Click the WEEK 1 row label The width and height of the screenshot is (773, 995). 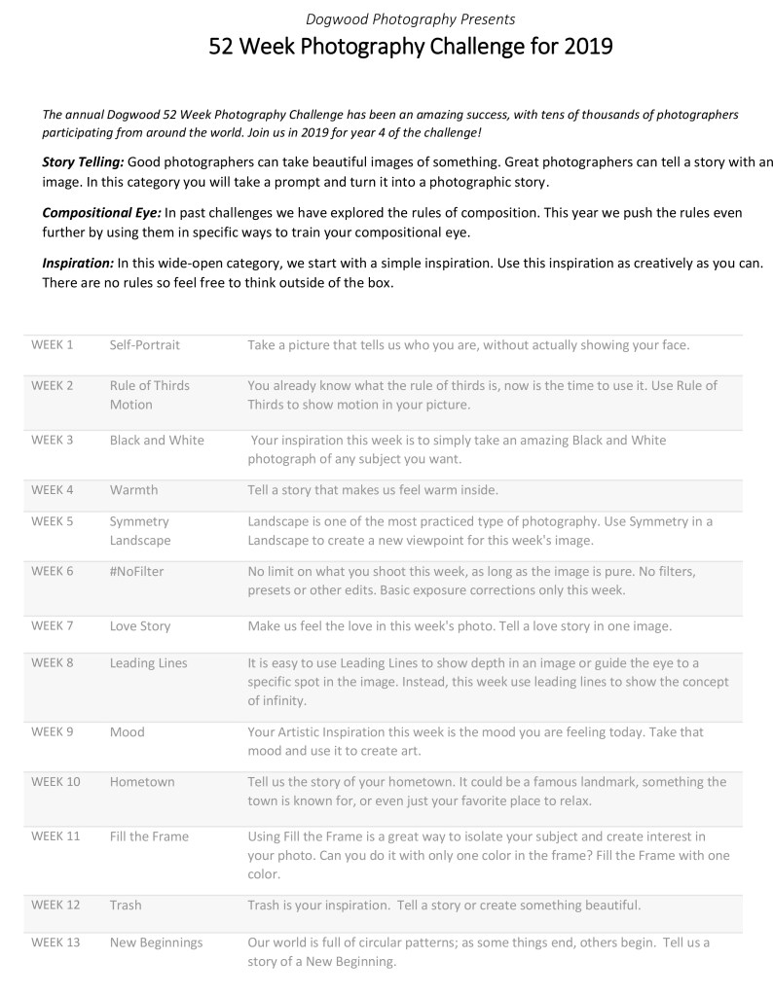[53, 344]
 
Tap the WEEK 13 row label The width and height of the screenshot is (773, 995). [55, 942]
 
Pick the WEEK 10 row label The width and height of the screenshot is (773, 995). [55, 781]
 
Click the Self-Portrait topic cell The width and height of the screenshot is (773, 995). [145, 344]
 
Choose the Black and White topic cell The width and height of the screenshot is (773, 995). [157, 440]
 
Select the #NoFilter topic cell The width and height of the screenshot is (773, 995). [137, 571]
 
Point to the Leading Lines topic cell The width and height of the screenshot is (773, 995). [149, 662]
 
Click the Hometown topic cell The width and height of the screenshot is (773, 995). [142, 781]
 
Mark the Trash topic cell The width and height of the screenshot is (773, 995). [126, 905]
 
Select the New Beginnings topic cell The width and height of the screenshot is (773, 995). [157, 942]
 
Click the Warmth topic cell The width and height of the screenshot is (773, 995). [133, 489]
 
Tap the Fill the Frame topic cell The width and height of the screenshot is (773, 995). [150, 835]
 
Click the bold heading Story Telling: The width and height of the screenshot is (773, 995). [83, 160]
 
